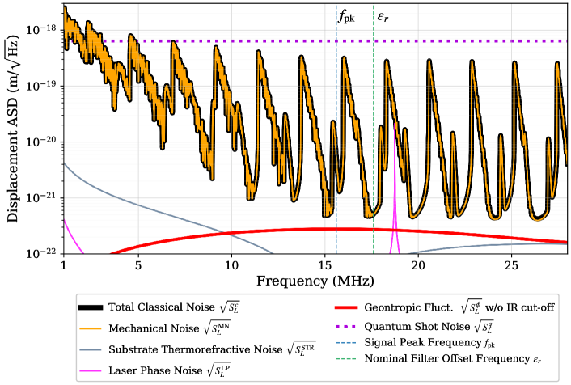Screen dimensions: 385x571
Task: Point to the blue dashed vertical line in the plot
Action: pos(336,121)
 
